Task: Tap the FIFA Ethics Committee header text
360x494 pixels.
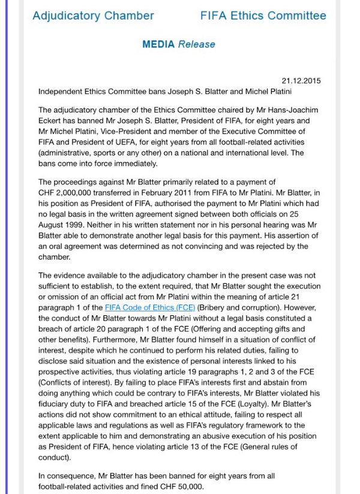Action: [263, 16]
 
